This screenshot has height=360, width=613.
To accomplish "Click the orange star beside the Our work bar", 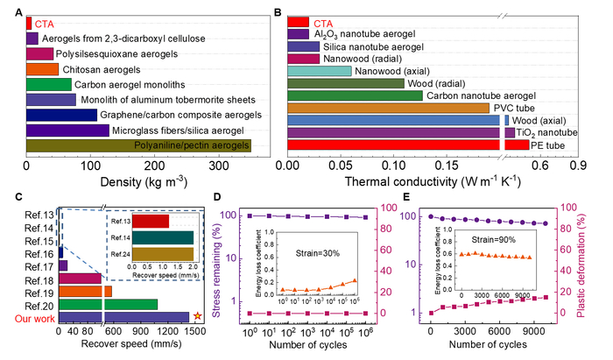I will coord(197,316).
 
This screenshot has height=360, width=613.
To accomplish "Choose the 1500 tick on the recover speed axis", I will coord(195,333).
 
